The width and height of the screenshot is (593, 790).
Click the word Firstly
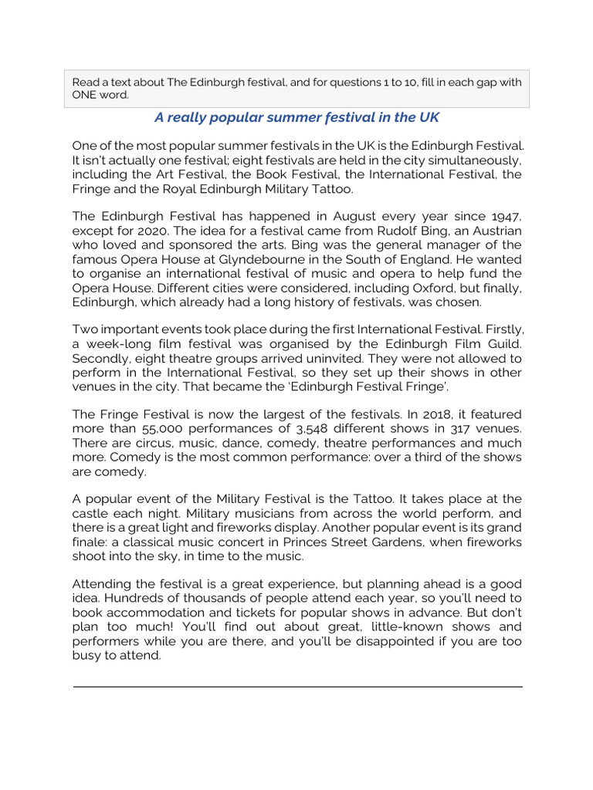[501, 330]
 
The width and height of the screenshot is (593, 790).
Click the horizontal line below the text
[297, 686]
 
